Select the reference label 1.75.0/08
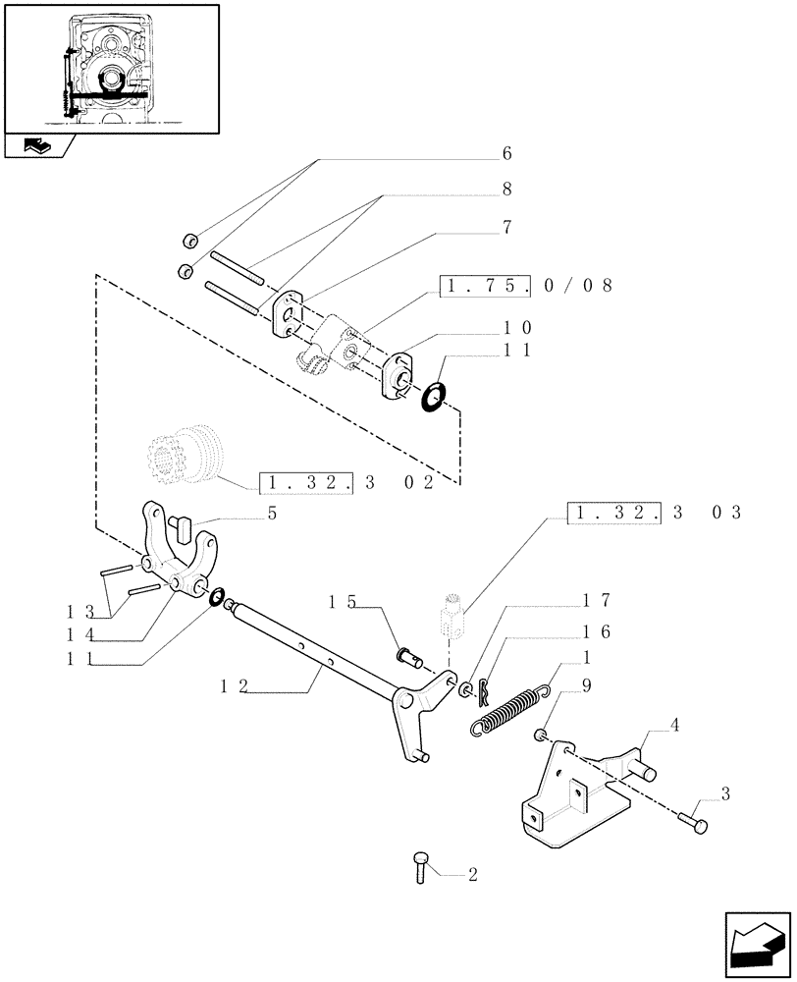[x=526, y=286]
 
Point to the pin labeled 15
[x=407, y=651]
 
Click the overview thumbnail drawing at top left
[x=111, y=68]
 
